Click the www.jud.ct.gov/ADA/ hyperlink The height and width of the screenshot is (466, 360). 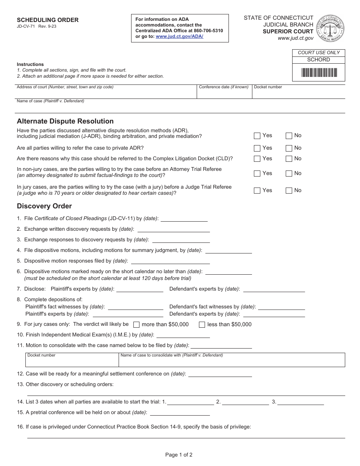click(179, 36)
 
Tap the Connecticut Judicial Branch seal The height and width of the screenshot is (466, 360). click(330, 28)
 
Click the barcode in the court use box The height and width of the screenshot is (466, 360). click(319, 73)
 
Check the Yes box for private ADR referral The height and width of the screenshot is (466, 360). click(257, 148)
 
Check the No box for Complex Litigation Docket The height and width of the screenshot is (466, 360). click(289, 159)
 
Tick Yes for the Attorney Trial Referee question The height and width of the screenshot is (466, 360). click(257, 174)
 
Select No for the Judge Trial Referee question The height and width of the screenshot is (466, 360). click(289, 191)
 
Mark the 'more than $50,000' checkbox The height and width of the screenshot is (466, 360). click(136, 325)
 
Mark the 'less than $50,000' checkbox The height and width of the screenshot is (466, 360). click(202, 325)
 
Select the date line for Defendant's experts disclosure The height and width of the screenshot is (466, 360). click(274, 289)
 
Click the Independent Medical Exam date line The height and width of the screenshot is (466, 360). click(183, 335)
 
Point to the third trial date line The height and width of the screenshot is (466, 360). click(301, 402)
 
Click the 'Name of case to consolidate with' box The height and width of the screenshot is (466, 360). click(232, 361)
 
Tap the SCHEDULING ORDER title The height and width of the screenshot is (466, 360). click(48, 20)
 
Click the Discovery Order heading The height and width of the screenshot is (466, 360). click(44, 206)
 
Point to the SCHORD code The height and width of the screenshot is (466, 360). click(318, 60)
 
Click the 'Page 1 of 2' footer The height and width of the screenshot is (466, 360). click(179, 455)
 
